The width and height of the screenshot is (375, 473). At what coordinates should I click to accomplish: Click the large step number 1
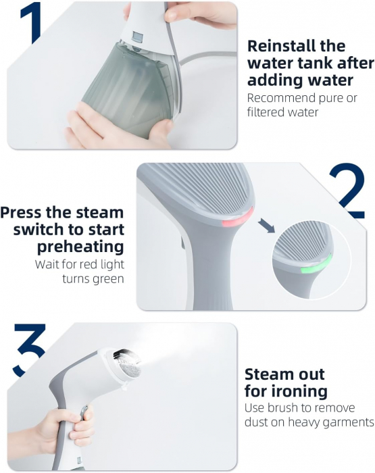tap(32, 22)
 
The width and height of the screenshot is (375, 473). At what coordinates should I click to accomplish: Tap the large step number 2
tap(347, 191)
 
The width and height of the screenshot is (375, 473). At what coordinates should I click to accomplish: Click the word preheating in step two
tap(80, 247)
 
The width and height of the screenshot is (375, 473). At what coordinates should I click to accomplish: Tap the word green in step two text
tap(108, 279)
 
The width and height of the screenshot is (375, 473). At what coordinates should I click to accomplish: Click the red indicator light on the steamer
tap(238, 218)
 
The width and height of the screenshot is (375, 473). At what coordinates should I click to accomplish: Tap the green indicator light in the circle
tap(317, 264)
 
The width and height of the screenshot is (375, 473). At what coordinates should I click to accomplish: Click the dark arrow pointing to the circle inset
tap(266, 226)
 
